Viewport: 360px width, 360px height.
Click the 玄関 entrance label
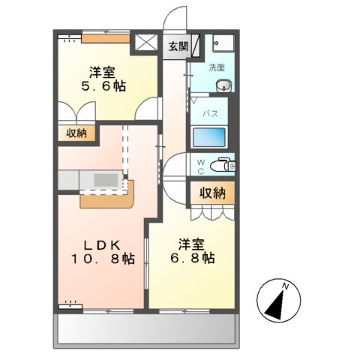pos(178,45)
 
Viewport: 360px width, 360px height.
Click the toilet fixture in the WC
pos(222,163)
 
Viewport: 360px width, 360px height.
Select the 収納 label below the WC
pos(211,193)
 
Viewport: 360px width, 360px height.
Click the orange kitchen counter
pos(105,196)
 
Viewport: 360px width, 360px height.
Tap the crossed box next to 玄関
pos(145,43)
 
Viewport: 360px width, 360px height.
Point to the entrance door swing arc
pos(175,17)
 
